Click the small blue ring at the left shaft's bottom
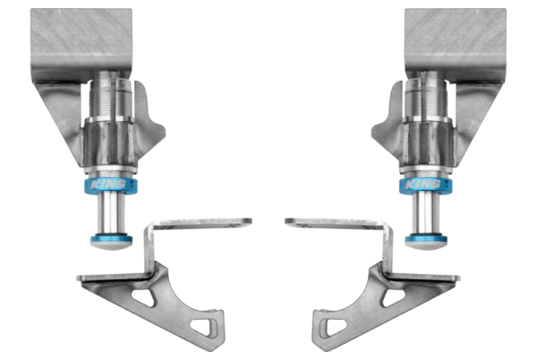tap(111, 239)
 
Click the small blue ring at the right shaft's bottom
tap(426, 239)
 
